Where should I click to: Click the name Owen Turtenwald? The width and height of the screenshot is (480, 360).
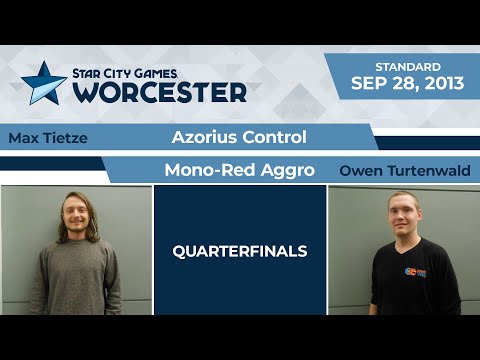coord(403,170)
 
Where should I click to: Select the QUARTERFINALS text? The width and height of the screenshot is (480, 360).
coord(240,251)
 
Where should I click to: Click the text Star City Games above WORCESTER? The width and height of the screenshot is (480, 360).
coord(147,72)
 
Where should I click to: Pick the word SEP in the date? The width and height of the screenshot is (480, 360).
coord(365,83)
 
